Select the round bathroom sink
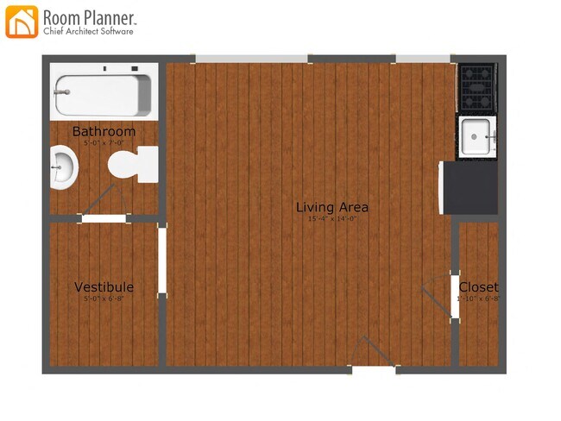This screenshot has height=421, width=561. (x=63, y=167)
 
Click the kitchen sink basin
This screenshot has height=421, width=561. (x=476, y=137)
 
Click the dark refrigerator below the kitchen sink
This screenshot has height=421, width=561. (x=470, y=188)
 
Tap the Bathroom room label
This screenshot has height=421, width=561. (x=104, y=131)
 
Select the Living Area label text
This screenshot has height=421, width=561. (x=332, y=207)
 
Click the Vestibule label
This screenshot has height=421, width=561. (x=104, y=286)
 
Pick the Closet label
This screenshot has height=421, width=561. (x=478, y=287)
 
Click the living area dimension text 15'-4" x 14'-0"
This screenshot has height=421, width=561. (x=332, y=219)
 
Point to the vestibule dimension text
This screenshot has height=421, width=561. (x=104, y=298)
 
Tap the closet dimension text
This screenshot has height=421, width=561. (x=478, y=299)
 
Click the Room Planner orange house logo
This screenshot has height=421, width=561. (x=22, y=22)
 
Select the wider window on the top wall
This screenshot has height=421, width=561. (x=251, y=59)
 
